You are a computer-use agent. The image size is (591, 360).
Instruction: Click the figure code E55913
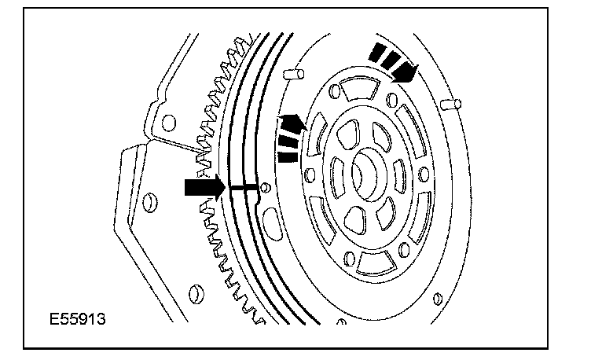(78, 322)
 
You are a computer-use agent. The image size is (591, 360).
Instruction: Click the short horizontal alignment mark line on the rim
(242, 188)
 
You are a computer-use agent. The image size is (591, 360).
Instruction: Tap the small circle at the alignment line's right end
(265, 188)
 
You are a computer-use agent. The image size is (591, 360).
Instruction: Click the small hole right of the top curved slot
(391, 98)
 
